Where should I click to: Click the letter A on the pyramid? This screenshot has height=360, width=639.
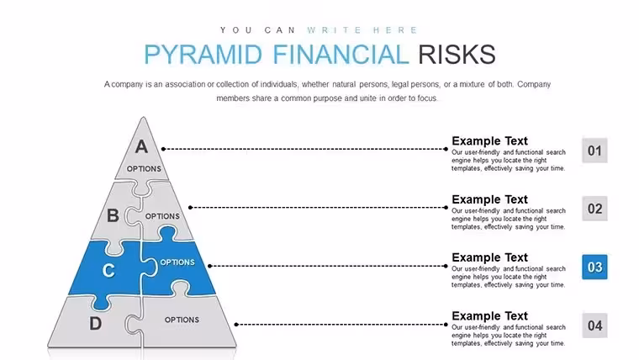(x=142, y=146)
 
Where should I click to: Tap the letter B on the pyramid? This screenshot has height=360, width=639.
(x=113, y=215)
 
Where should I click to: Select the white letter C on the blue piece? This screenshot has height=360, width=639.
(x=108, y=270)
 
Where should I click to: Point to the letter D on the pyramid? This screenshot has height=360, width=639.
(x=95, y=324)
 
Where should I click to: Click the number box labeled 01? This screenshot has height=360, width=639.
(x=594, y=151)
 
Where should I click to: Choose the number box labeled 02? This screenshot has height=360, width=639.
(x=594, y=209)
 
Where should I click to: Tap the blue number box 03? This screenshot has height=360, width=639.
(x=594, y=267)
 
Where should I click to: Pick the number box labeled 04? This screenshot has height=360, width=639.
(x=594, y=326)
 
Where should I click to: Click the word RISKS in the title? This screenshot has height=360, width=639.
(x=457, y=55)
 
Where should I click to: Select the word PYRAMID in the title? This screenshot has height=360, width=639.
(x=203, y=55)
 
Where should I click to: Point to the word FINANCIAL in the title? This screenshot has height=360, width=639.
(x=341, y=55)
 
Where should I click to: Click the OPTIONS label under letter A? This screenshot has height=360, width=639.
(x=144, y=169)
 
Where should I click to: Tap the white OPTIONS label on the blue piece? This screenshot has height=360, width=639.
(x=177, y=262)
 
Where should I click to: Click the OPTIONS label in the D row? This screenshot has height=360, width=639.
(x=182, y=320)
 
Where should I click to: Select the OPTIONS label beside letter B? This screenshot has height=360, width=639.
(x=162, y=216)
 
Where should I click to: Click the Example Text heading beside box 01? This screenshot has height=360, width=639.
(x=489, y=141)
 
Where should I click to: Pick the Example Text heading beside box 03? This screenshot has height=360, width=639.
(x=489, y=257)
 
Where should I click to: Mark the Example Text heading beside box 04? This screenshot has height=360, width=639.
(x=489, y=316)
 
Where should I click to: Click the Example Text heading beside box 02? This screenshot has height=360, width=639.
(x=489, y=199)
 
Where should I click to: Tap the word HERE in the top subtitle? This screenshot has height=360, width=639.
(x=395, y=30)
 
